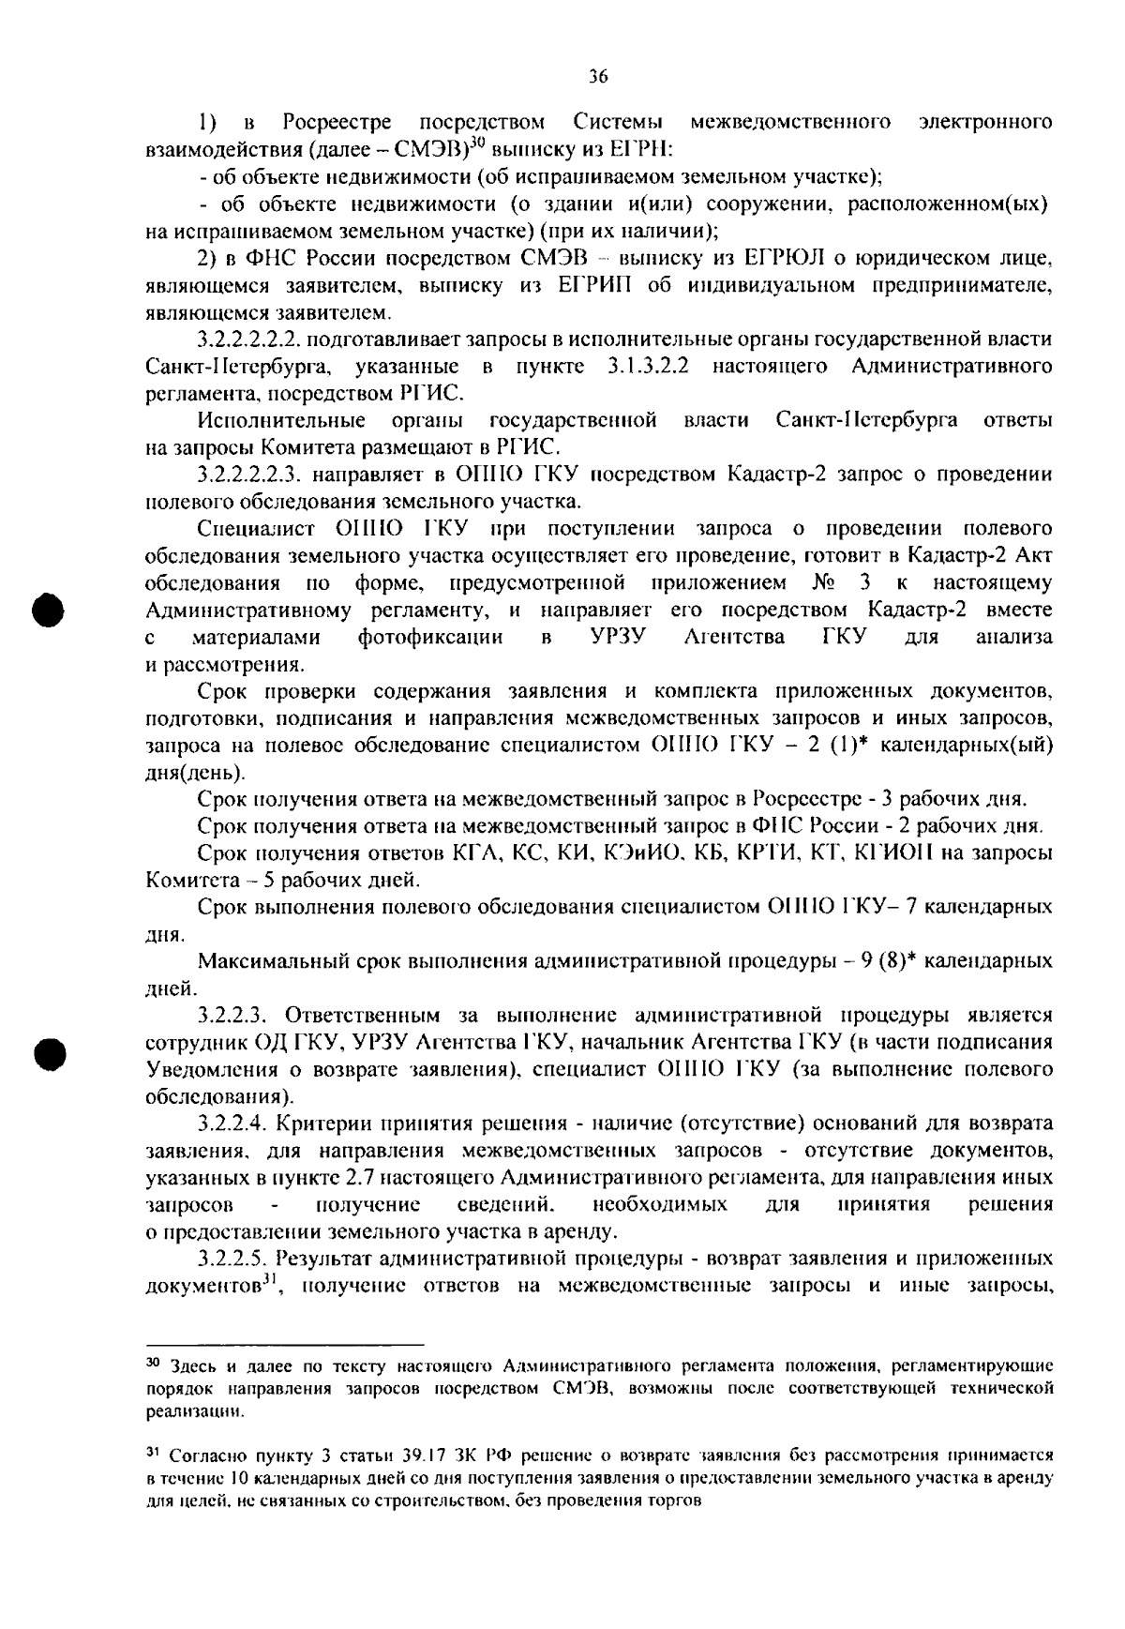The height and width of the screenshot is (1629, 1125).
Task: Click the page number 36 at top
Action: click(599, 77)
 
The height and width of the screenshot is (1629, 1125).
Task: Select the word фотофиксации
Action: click(430, 638)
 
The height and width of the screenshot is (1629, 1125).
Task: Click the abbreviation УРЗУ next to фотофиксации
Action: click(617, 638)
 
